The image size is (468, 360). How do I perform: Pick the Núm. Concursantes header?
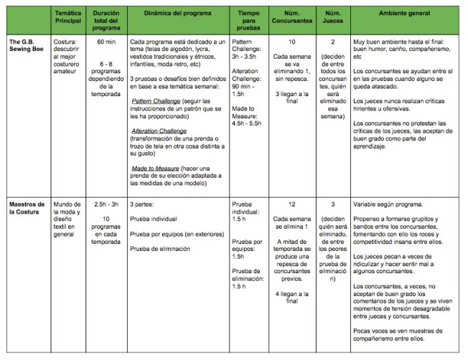(292, 18)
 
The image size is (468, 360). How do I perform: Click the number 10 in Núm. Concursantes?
(292, 42)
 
